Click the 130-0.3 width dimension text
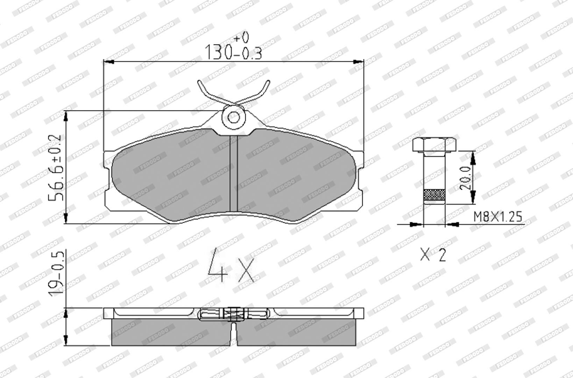[234, 52]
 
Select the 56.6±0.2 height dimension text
[55, 168]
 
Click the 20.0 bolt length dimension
[465, 177]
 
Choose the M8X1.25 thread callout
[497, 217]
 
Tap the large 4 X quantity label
[231, 265]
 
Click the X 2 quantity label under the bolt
[433, 255]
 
